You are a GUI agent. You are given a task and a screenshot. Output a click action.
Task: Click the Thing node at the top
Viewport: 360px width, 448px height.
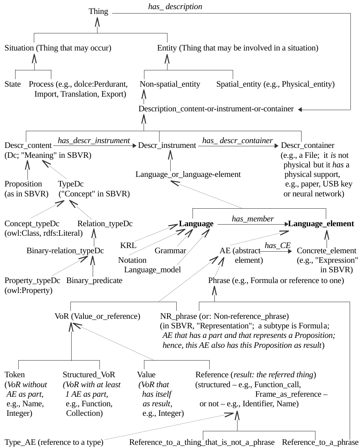tap(98, 12)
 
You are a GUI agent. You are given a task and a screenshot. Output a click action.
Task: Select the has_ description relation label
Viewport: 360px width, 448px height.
tap(175, 7)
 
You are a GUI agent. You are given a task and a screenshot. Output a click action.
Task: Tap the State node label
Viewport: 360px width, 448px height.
tap(13, 84)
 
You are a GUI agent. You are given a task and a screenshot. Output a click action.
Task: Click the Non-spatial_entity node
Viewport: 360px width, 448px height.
tap(170, 84)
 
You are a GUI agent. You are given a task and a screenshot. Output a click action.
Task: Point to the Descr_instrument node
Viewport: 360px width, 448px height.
tap(167, 145)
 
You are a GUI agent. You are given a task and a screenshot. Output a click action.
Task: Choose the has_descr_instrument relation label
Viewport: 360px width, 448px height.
tap(94, 140)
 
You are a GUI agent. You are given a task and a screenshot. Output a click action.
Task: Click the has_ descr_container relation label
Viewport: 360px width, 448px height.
tap(237, 140)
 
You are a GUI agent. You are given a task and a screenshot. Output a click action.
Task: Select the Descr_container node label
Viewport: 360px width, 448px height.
tap(307, 145)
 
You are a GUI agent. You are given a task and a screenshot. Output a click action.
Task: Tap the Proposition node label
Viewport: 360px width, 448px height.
tap(23, 184)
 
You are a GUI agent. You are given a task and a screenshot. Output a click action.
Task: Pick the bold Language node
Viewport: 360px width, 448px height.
tap(196, 224)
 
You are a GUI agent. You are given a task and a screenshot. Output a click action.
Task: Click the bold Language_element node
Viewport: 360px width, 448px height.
tap(321, 224)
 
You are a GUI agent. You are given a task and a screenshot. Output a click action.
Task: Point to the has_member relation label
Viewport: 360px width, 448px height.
tap(253, 219)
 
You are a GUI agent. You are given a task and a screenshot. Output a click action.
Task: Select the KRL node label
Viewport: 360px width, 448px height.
tap(128, 245)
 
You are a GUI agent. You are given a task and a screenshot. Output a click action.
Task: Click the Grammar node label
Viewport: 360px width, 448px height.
tap(170, 251)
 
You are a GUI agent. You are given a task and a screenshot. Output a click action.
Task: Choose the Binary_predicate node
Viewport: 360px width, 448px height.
tap(94, 281)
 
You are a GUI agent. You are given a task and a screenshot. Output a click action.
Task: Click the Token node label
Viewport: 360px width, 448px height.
tap(15, 375)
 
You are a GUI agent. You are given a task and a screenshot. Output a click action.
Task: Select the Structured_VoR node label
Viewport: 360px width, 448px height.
tap(89, 375)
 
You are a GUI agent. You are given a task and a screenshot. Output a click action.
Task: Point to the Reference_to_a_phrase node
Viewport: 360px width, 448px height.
tap(320, 442)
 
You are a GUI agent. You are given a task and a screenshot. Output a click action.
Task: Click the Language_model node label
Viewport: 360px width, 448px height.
tap(152, 270)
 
